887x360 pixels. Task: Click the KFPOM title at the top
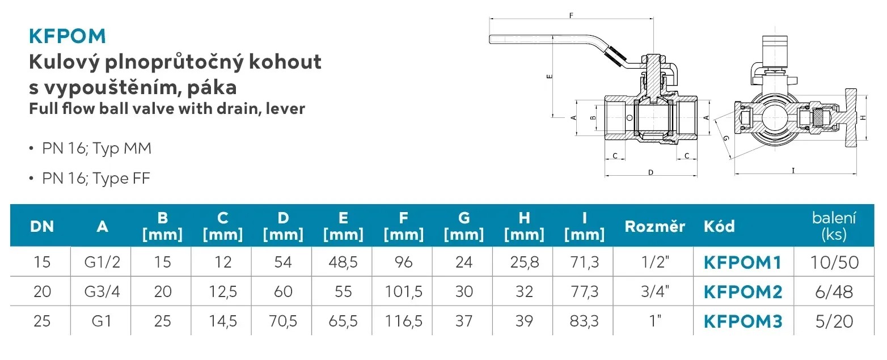(67, 36)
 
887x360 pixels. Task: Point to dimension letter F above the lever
(571, 15)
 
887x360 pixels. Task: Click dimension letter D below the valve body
(651, 172)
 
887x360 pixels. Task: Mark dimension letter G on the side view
(726, 138)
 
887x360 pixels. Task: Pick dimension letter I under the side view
(793, 170)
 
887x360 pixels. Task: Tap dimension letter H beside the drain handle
(863, 117)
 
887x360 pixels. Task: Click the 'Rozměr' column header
(654, 226)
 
